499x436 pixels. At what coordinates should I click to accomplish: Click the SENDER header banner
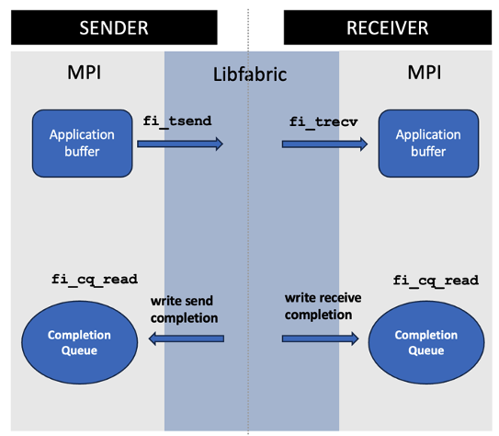click(x=114, y=27)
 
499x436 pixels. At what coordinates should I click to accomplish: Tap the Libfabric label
click(x=250, y=75)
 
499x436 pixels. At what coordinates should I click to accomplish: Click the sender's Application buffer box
click(x=82, y=143)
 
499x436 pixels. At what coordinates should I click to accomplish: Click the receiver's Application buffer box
click(x=427, y=143)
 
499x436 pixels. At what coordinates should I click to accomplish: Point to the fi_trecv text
click(x=322, y=120)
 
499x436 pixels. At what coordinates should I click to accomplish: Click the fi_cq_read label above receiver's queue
click(x=436, y=280)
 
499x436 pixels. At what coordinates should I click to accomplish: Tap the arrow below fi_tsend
click(x=180, y=143)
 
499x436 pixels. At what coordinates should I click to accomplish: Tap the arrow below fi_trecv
click(x=324, y=143)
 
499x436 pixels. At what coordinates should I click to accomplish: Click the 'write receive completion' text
click(x=319, y=307)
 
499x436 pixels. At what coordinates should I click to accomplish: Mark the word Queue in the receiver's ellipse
click(x=425, y=350)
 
